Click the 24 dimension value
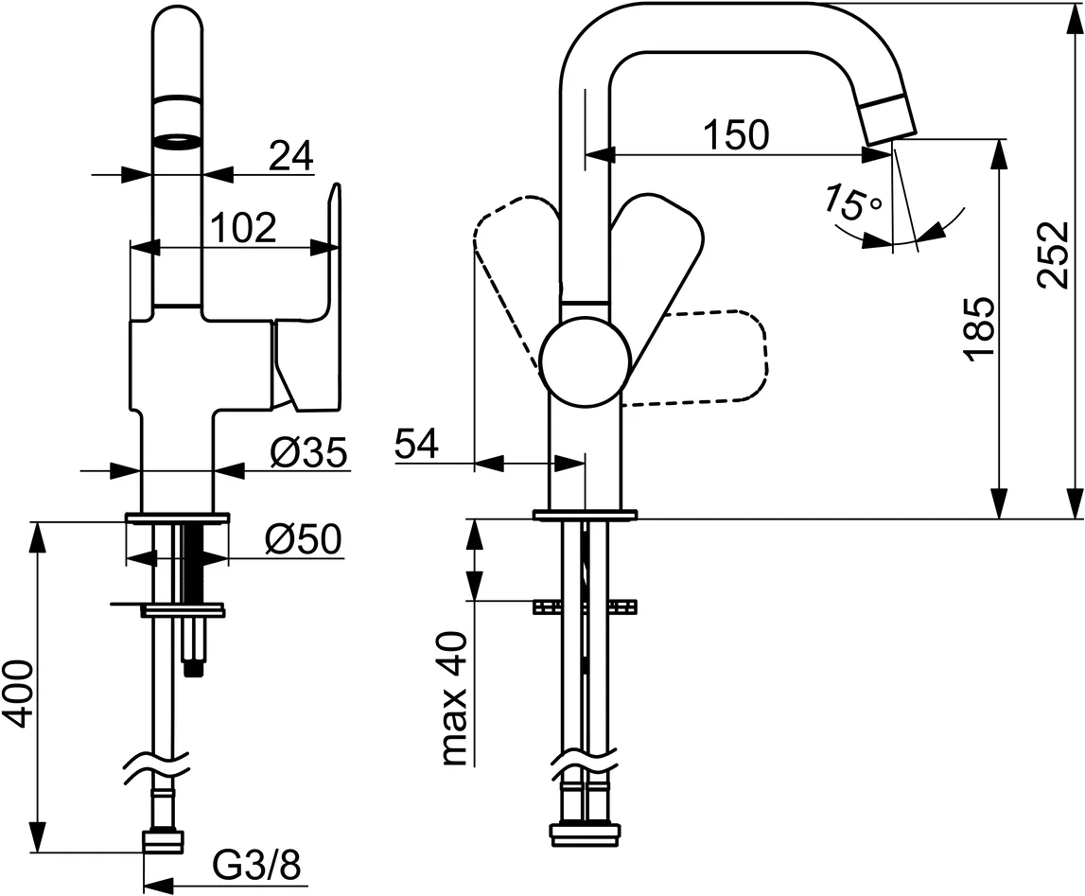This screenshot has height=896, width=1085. [290, 156]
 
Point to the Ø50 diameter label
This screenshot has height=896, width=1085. [303, 540]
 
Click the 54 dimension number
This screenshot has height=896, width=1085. [417, 444]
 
